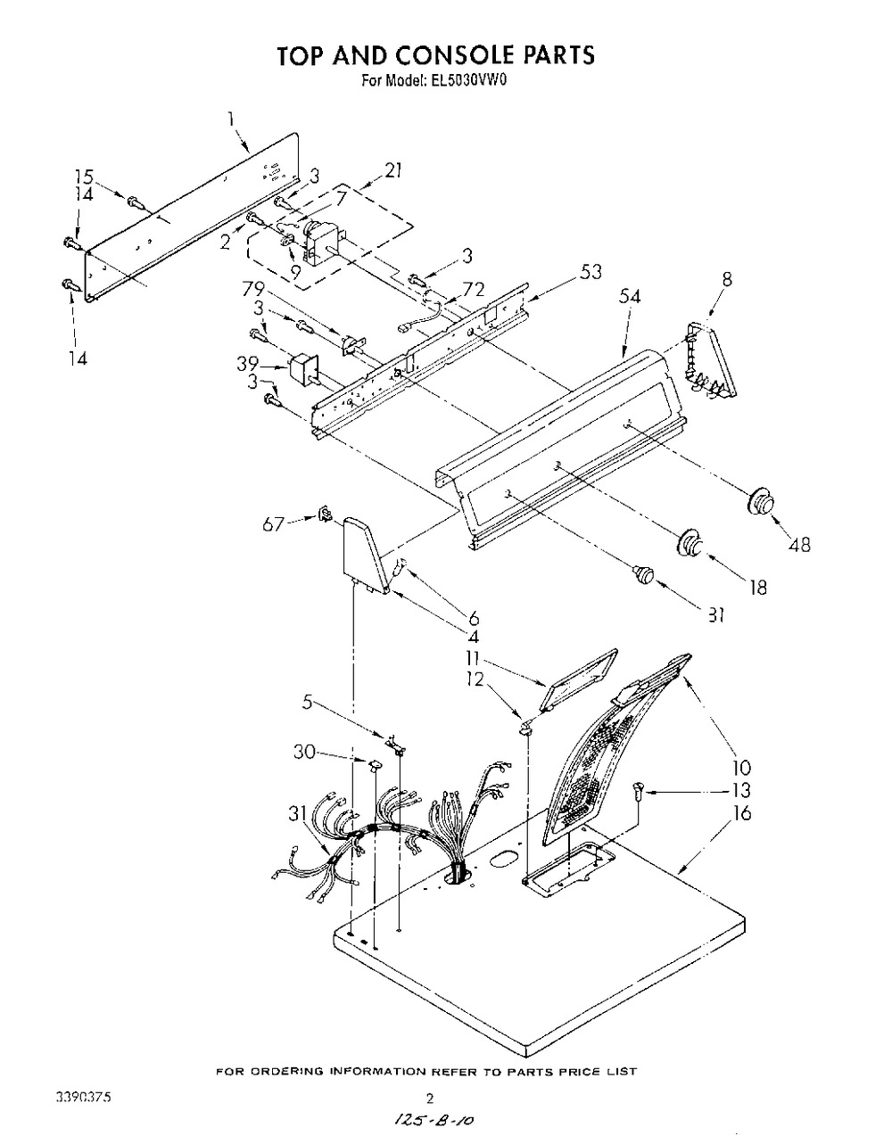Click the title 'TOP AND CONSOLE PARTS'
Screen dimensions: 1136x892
click(434, 54)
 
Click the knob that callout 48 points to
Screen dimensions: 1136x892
click(759, 502)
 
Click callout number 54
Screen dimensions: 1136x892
click(631, 298)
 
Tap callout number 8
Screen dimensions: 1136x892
click(727, 278)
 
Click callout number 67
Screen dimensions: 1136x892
click(273, 524)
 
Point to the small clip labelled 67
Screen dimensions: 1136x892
click(326, 514)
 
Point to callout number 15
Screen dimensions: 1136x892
click(83, 176)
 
